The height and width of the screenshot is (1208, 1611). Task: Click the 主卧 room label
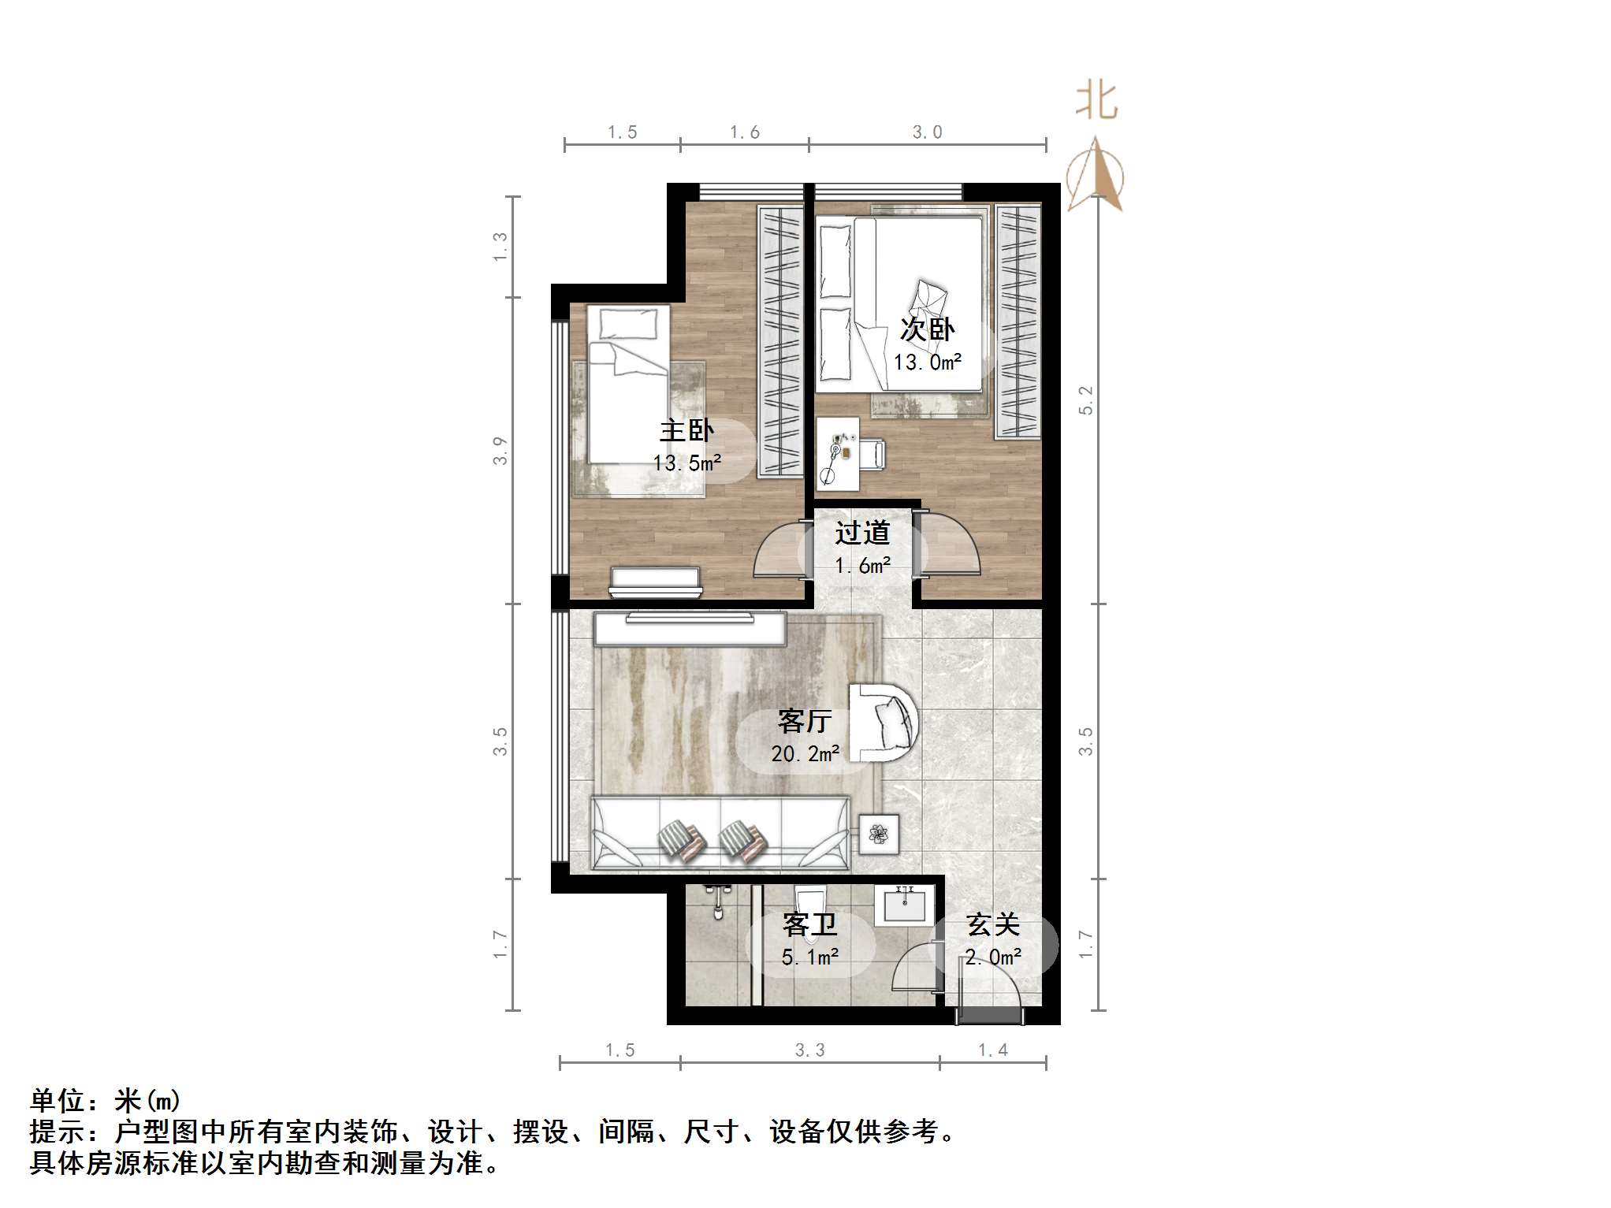[x=686, y=430]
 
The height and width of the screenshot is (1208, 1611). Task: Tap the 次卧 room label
[x=927, y=329]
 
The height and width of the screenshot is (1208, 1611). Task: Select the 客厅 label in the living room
[x=804, y=720]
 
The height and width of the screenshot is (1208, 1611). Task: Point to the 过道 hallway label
[x=862, y=533]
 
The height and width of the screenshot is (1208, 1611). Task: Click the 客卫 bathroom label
[x=809, y=924]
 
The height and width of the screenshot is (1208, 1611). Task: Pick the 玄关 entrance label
[x=992, y=924]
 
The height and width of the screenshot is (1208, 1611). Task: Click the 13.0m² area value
[x=927, y=362]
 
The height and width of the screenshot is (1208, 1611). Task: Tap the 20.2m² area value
[x=805, y=754]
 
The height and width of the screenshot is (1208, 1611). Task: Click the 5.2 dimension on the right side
[x=1086, y=400]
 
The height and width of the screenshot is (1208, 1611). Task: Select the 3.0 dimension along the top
[x=927, y=132]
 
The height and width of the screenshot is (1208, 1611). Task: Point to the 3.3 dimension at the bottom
[x=809, y=1050]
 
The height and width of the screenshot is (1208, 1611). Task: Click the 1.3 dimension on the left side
[x=500, y=247]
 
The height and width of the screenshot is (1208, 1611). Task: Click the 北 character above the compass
[x=1096, y=102]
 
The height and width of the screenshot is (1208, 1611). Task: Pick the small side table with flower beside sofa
[x=878, y=833]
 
